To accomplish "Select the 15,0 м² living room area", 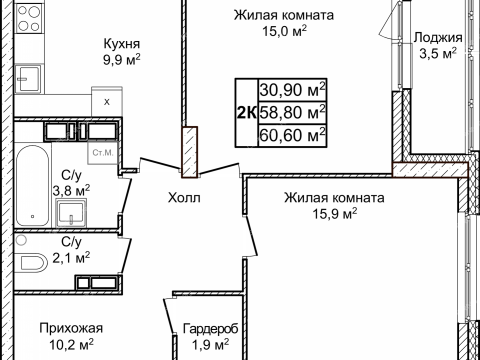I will [x=284, y=32].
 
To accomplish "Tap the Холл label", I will [x=185, y=198].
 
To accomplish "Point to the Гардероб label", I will [x=209, y=327].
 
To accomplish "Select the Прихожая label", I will [x=71, y=327].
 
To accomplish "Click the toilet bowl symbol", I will [x=33, y=262].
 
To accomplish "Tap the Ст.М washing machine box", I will [x=101, y=153].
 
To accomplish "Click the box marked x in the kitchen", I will [x=105, y=101].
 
